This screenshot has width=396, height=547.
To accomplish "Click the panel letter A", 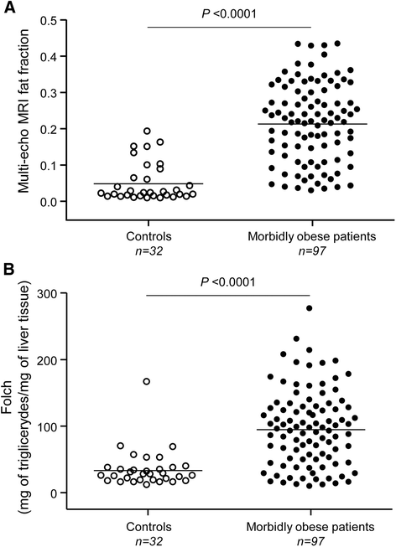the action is [9, 8].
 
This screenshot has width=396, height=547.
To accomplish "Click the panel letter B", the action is [8, 270].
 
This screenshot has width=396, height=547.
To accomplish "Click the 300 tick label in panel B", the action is [49, 293].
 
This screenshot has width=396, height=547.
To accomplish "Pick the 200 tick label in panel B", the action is [49, 359].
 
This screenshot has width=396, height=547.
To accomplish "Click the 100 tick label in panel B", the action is [49, 426].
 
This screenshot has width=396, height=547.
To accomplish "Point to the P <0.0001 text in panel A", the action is [229, 13].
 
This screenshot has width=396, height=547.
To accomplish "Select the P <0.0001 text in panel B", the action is [228, 281].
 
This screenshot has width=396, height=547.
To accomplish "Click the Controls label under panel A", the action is [148, 236].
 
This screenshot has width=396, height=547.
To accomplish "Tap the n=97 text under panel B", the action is [310, 540].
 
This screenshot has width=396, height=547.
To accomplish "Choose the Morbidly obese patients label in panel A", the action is [312, 237].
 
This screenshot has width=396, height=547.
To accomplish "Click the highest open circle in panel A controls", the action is [147, 132].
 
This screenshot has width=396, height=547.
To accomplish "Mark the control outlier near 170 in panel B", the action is [147, 381].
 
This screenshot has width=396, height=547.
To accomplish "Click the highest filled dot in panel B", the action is [309, 308].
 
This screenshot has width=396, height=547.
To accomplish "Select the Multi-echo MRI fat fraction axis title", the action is [24, 111].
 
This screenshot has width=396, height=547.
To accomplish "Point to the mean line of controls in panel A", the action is [148, 183].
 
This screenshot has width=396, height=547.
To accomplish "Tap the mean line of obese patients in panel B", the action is [310, 430].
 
